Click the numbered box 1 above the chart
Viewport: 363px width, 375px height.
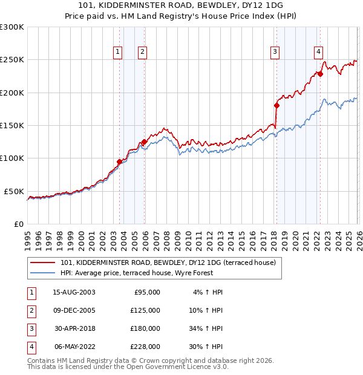tap(117, 52)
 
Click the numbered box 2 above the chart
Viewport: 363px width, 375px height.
tap(142, 52)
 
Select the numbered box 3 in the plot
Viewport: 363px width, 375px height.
tap(275, 52)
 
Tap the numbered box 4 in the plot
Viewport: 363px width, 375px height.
tap(318, 52)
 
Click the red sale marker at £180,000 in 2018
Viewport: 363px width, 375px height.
tap(276, 105)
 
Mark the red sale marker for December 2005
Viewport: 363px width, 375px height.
tap(144, 142)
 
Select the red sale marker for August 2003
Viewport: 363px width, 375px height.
tap(119, 161)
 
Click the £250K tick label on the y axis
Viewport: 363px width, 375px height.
tap(12, 60)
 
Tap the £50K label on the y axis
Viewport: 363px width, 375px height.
tap(14, 191)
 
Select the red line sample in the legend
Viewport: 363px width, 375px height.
tap(42, 262)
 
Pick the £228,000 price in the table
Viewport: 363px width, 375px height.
tap(145, 347)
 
